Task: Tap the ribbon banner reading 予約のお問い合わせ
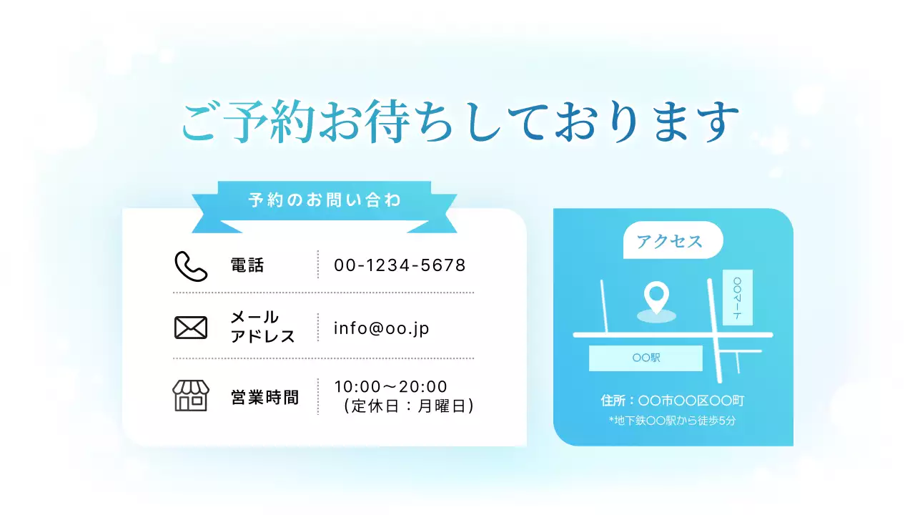[x=325, y=200]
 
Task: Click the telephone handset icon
[x=191, y=265]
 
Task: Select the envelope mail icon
[x=191, y=328]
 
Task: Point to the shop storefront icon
[x=190, y=396]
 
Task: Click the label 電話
[x=247, y=265]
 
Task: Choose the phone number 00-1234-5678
[x=400, y=265]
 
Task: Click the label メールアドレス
[x=262, y=327]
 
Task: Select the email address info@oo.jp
[x=381, y=328]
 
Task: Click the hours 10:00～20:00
[x=390, y=387]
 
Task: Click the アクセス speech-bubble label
[x=671, y=241]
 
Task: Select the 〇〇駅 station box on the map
[x=646, y=358]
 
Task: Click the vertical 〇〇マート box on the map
[x=737, y=298]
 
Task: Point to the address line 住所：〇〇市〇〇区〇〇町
[x=673, y=401]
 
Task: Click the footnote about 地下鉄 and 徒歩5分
[x=672, y=421]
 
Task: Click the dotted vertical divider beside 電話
[x=318, y=265]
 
